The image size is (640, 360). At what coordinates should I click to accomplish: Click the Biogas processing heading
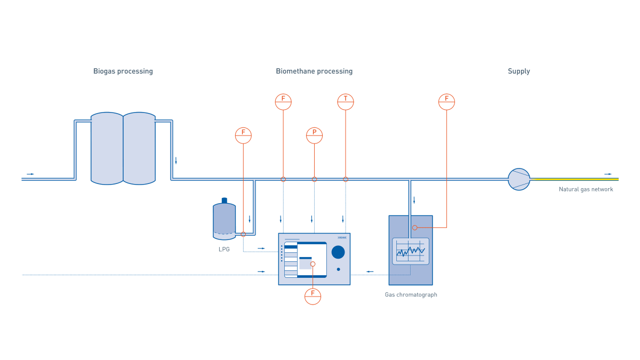123,71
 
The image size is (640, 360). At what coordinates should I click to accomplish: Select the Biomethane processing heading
314,71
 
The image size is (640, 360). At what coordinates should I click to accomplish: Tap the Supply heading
518,71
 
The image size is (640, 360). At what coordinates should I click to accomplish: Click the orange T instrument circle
346,101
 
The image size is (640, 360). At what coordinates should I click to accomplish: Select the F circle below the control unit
313,296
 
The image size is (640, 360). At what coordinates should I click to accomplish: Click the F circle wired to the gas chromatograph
446,101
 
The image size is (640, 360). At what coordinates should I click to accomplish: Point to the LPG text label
224,249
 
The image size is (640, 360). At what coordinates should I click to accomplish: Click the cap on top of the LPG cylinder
224,200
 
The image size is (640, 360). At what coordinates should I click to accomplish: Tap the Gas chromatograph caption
411,294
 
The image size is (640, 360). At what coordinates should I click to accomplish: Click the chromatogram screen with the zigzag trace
411,251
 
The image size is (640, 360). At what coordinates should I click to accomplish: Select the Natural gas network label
586,189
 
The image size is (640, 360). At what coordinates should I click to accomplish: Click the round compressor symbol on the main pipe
519,179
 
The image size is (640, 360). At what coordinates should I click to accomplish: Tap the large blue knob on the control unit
338,252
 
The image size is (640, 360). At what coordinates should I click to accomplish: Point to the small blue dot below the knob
338,269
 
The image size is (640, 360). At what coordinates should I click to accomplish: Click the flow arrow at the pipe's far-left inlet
30,174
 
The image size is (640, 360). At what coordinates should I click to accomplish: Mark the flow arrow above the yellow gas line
607,174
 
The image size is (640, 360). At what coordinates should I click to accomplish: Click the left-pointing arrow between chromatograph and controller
370,271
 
